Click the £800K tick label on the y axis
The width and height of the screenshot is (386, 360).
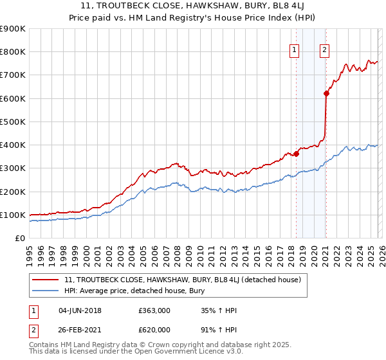(x=13, y=52)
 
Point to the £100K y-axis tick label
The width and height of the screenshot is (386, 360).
(x=13, y=215)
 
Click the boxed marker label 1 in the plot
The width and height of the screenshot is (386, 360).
(x=295, y=50)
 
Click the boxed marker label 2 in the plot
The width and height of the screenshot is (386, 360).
(x=324, y=50)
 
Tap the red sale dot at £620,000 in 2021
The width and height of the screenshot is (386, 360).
(x=326, y=94)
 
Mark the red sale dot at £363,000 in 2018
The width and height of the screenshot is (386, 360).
(x=296, y=154)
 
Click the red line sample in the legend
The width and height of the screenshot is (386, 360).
(x=46, y=280)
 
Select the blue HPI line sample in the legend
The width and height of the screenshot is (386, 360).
(x=46, y=291)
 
